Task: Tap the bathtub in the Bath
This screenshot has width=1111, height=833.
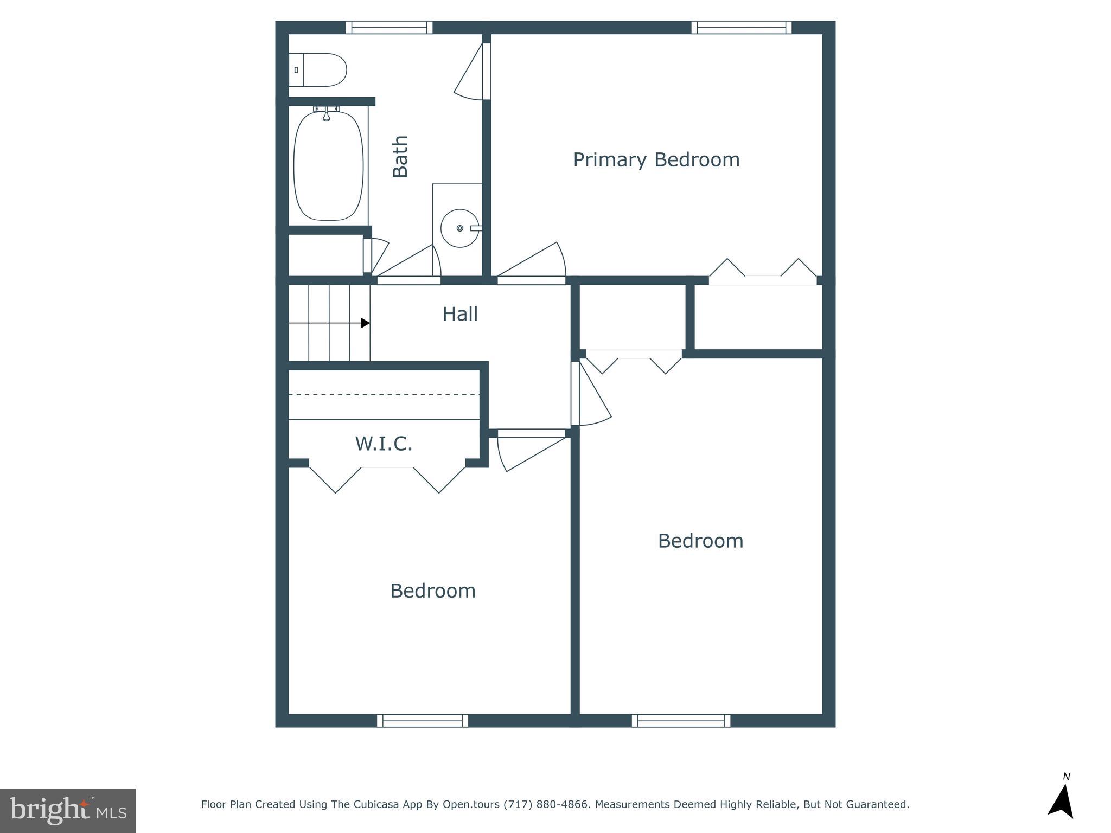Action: pos(328,165)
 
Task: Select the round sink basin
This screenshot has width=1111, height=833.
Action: pos(459,228)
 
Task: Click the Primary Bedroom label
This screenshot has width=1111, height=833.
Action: pos(656,160)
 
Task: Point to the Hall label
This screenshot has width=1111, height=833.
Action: pos(459,314)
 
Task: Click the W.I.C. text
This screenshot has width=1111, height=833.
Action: pos(384,444)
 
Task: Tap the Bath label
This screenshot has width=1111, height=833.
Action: pos(400,156)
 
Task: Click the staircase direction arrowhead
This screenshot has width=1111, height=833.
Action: pos(366,323)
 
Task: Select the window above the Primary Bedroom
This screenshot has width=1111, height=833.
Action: pos(741,27)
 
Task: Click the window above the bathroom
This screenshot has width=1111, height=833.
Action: pos(389,27)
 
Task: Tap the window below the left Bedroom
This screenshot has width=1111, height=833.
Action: pos(422,721)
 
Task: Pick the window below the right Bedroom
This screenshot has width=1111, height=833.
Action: pos(681,721)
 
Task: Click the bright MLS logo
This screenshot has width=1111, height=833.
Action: pos(68,810)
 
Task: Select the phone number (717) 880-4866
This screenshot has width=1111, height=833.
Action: pos(546,805)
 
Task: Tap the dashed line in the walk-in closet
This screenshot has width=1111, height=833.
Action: pos(384,395)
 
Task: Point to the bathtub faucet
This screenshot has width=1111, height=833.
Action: pos(326,114)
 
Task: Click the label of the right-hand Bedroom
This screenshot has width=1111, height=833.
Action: pos(700,541)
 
